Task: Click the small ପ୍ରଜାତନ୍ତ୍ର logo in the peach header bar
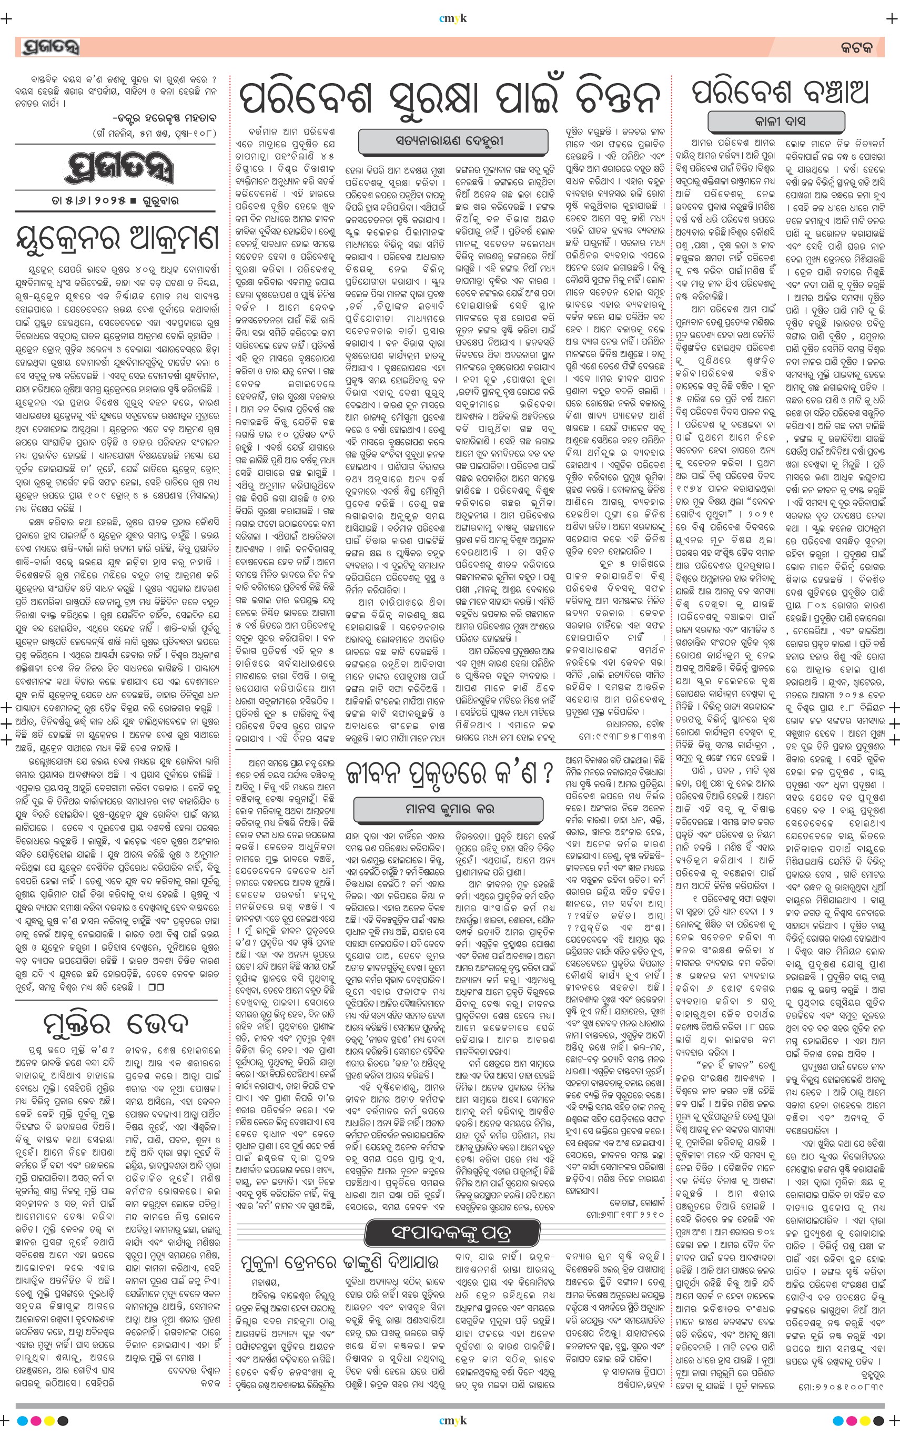click(x=50, y=47)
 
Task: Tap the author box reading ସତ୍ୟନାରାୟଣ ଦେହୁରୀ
click(x=449, y=141)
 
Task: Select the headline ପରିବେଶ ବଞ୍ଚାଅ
click(x=780, y=92)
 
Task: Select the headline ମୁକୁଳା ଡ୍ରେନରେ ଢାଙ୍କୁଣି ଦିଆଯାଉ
click(x=340, y=1261)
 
